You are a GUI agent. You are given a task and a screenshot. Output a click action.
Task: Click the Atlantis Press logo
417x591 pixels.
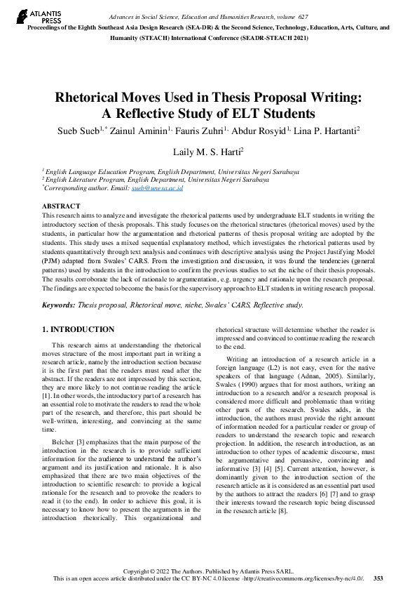pos(32,15)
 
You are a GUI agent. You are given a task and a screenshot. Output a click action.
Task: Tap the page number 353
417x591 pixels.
pos(378,578)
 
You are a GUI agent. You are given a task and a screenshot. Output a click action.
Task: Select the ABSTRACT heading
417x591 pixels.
pos(62,206)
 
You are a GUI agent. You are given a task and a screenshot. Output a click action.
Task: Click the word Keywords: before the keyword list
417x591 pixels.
pos(62,305)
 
